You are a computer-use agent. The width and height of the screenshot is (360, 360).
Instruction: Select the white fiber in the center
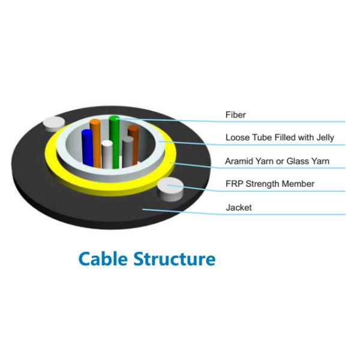point(107,155)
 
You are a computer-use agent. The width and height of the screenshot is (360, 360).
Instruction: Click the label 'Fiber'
point(235,115)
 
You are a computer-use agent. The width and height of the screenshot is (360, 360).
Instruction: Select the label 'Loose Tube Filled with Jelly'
point(279,137)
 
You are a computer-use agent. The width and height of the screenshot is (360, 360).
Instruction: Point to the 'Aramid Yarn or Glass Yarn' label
point(277,161)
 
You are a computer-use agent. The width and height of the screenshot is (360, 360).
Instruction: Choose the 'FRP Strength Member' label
point(269,184)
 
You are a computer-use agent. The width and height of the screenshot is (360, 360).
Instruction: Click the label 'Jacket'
point(238,208)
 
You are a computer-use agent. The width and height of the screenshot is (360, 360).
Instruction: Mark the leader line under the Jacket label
point(288,214)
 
